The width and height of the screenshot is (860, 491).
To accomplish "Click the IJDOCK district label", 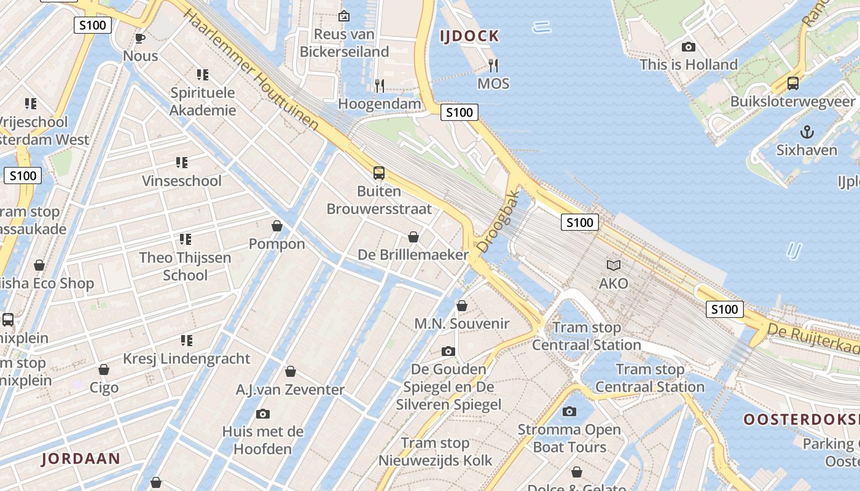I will point(469,36).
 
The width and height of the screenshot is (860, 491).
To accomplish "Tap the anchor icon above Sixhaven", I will point(807,132).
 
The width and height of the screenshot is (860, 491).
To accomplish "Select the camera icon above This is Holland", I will point(689,47).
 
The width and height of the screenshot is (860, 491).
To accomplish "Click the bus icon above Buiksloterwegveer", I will point(793,83).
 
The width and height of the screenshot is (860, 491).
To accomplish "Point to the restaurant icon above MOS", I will point(493,64).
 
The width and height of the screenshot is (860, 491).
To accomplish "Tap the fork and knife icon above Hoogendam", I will point(380,85).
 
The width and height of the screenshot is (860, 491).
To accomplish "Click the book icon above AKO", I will point(614,265).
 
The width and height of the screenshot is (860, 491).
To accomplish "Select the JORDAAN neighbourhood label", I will point(81,458).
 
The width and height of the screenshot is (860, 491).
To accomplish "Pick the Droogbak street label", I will point(498,222).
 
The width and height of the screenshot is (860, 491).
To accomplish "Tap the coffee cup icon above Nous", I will point(140,38).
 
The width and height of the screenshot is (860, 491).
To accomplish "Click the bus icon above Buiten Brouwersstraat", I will point(379,173).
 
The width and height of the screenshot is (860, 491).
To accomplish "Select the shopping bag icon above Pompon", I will point(277,226).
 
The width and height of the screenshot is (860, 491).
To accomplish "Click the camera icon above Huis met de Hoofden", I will point(263,414).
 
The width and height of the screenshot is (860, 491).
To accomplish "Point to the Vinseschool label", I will point(182,181).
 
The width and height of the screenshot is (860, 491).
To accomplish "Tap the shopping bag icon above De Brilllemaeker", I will point(413,237).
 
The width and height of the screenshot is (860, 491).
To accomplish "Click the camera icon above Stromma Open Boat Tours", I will point(569,411).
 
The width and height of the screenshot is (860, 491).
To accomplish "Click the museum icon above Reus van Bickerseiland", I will point(344,16).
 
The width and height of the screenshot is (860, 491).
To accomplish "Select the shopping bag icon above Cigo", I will point(104,369).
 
